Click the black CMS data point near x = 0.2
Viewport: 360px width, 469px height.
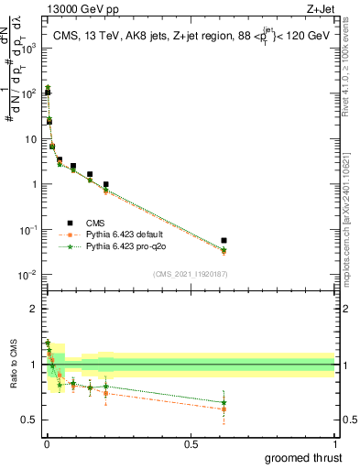(105, 184)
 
